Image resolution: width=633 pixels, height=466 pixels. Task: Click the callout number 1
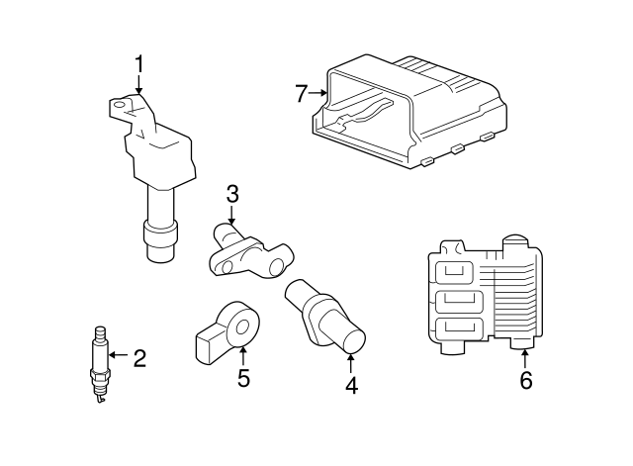[x=138, y=65]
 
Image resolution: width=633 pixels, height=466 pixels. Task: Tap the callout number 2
[x=139, y=357]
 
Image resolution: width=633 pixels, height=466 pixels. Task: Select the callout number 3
[x=232, y=194]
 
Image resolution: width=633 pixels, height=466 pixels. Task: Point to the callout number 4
[x=350, y=385]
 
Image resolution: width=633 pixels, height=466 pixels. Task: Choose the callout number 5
[x=243, y=378]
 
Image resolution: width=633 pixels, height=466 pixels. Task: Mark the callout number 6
[x=525, y=379]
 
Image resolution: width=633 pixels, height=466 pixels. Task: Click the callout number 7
[x=303, y=94]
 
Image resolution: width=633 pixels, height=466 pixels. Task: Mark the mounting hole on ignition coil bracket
[x=119, y=102]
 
